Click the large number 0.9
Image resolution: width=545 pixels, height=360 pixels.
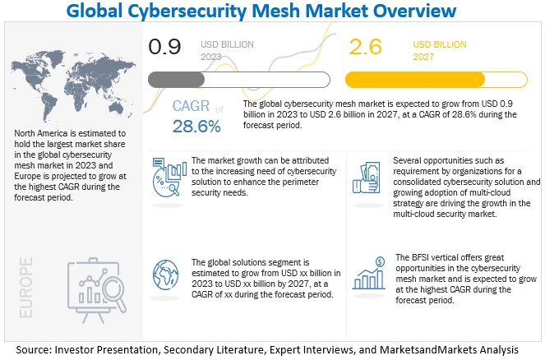coord(166,48)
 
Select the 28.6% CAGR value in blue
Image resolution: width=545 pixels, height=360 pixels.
coord(196,127)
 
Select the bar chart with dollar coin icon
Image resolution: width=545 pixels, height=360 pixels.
coord(369,275)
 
